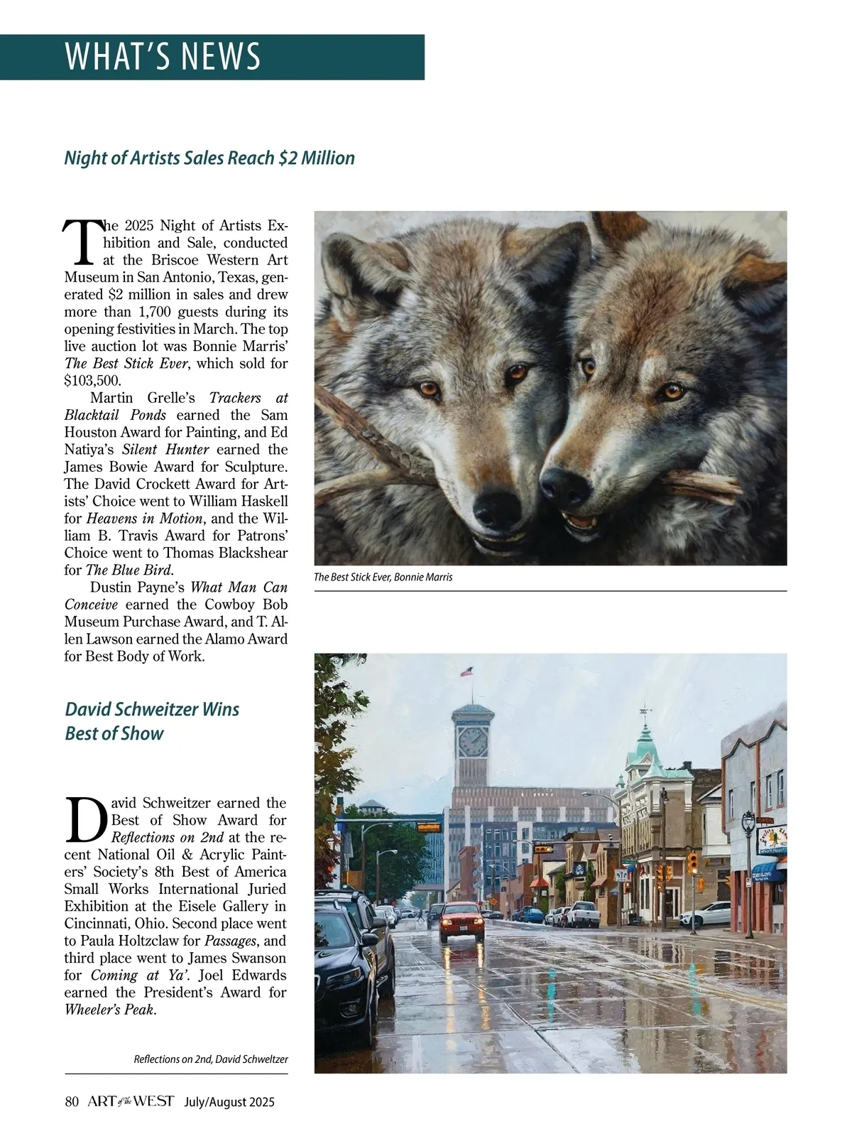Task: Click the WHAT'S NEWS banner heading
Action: coord(163,57)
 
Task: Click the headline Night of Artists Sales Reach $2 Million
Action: coord(209,158)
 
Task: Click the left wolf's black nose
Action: coord(491,505)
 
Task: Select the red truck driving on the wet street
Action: coord(461,921)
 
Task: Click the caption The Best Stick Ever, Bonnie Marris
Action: coord(383,577)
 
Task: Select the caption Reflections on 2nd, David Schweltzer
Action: coord(211,1059)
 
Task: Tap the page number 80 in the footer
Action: coord(71,1102)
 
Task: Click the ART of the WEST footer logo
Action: coord(131,1102)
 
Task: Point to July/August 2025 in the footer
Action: coord(229,1103)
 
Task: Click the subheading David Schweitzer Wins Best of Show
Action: coord(152,721)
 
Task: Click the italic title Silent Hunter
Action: coord(165,450)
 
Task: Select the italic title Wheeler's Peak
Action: coord(109,1010)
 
